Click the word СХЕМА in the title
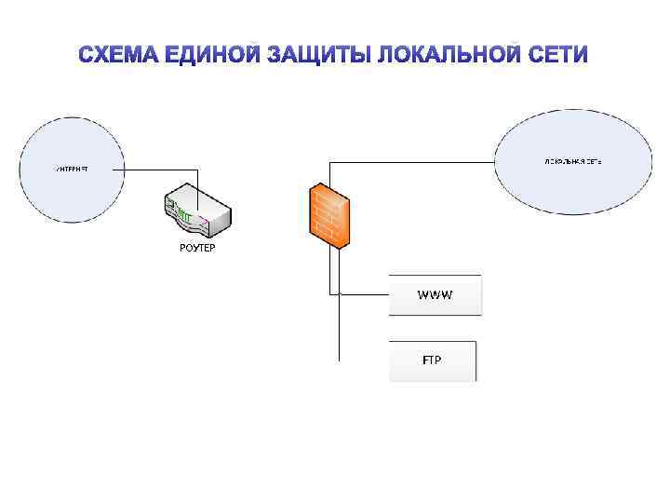coord(120,55)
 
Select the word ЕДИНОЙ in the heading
coord(215,55)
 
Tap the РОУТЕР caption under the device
coord(196,247)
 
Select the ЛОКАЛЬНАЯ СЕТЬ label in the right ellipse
coord(573,161)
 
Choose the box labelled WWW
coord(435,295)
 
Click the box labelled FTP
coord(432,360)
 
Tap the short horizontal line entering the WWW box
coord(365,294)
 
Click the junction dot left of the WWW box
coord(341,294)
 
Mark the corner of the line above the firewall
coord(328,160)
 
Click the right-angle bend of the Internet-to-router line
coord(197,170)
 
